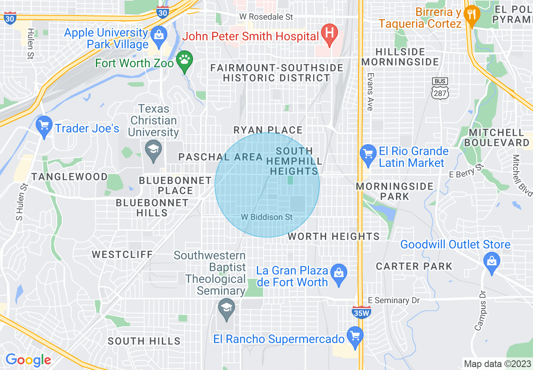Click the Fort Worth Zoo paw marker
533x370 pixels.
184,60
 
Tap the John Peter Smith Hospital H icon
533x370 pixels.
330,33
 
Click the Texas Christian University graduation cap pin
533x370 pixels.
153,149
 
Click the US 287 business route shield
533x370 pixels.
440,89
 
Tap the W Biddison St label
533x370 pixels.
267,217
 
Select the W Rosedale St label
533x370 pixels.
266,17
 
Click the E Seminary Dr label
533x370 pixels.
394,300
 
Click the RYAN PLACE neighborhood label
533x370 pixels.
268,130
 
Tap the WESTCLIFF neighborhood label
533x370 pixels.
122,254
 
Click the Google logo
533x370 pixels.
28,360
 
